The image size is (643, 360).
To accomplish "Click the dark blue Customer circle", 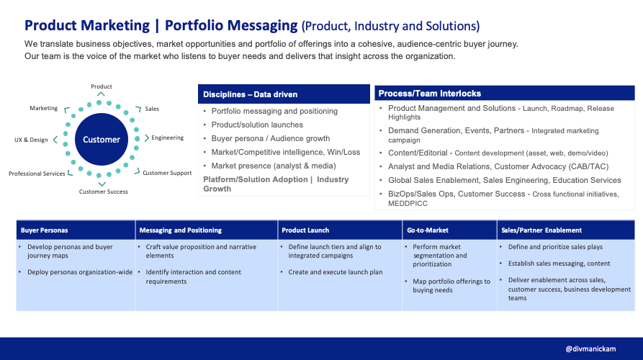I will pos(101,139).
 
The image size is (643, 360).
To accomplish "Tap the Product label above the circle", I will pos(101,87).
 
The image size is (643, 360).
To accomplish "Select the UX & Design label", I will pos(31,139).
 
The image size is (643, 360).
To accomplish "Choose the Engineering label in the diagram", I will pos(167,137).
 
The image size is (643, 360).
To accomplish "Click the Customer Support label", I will pos(167,173).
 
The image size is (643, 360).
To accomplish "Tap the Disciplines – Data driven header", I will pos(250,94).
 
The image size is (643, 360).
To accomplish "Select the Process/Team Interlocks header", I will pos(431,94).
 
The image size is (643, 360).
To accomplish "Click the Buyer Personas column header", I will pos(45,230).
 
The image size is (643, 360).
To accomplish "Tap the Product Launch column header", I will pos(306,230).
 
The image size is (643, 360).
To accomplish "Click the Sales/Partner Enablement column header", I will pos(541,230).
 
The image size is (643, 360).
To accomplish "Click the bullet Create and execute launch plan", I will pos(336,271).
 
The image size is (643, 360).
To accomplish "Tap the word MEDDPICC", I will pos(408,204).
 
